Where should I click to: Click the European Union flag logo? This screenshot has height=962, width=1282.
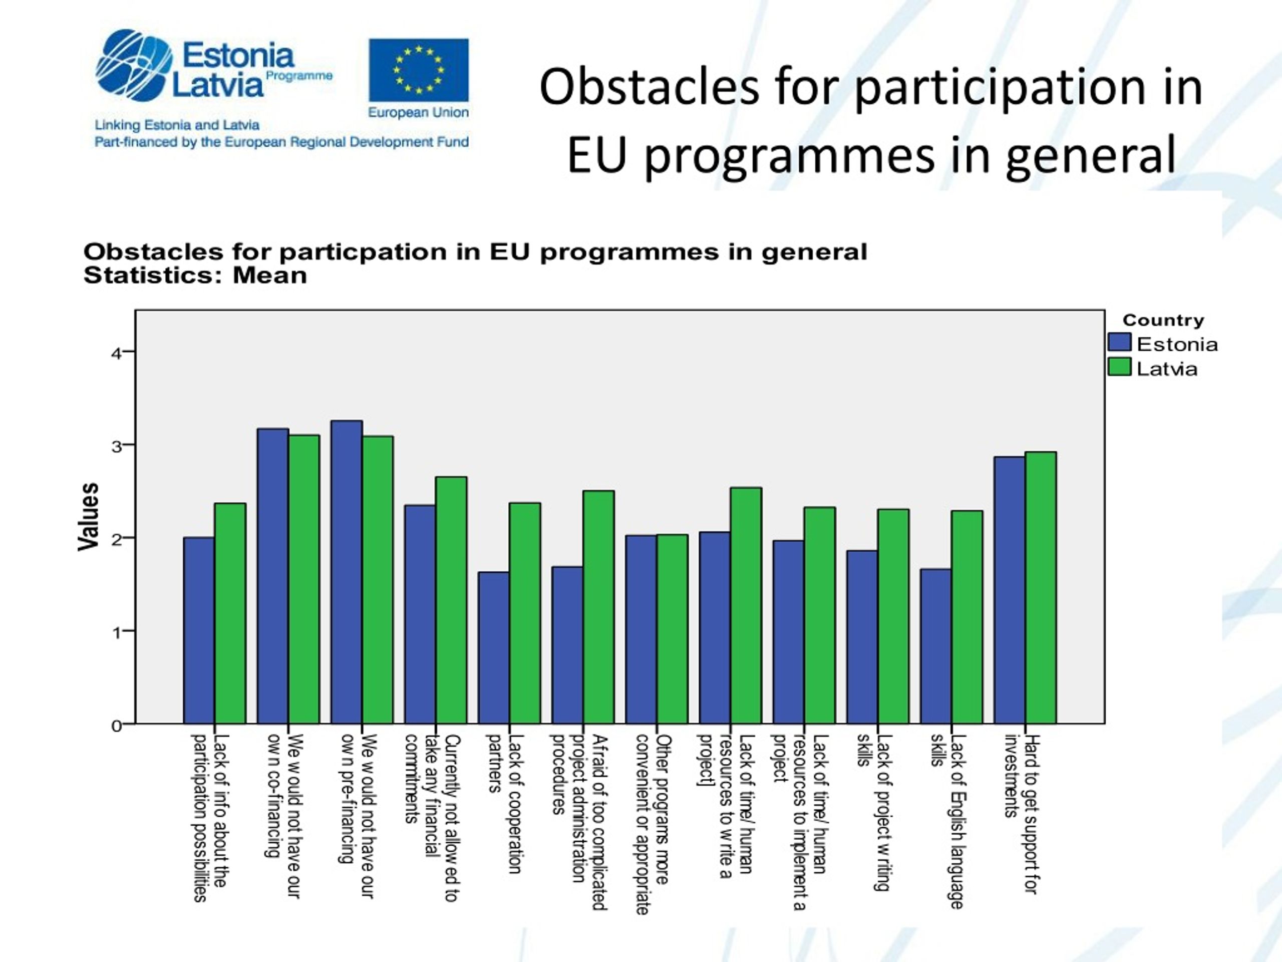click(419, 70)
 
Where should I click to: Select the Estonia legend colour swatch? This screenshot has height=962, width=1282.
click(1119, 342)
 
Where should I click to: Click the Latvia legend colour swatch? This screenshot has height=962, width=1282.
click(1119, 366)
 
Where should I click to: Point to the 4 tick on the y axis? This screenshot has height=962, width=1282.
click(129, 351)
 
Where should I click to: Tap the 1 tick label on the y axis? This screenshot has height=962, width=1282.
click(117, 632)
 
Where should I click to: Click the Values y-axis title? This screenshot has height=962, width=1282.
click(88, 517)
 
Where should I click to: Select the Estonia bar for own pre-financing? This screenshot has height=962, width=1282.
click(347, 572)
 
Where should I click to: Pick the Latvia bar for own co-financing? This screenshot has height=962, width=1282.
click(303, 579)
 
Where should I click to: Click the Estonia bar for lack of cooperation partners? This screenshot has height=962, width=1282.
click(494, 648)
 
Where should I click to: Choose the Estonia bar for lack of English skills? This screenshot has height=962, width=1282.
click(936, 646)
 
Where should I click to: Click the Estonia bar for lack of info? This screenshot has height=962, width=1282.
click(199, 630)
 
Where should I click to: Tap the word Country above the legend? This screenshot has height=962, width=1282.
click(1163, 320)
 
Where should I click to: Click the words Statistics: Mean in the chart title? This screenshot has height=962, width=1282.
click(195, 276)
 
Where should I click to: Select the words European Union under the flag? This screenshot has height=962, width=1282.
click(419, 113)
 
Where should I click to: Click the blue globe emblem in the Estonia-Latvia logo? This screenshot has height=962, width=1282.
click(134, 65)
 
